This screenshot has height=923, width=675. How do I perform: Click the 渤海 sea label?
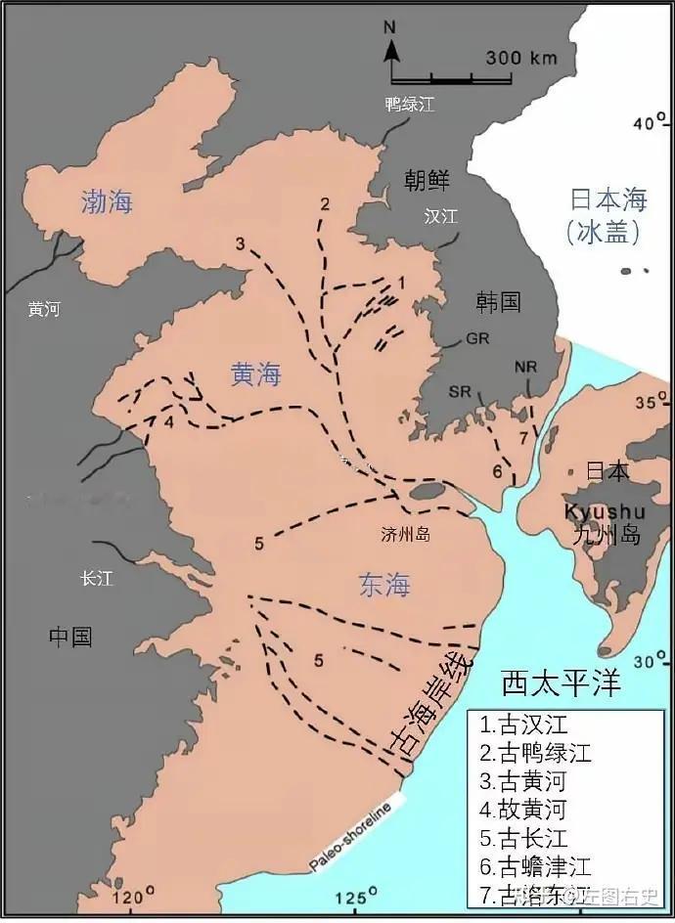(x=107, y=202)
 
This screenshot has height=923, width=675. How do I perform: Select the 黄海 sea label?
(x=255, y=374)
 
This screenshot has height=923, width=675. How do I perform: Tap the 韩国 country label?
(x=498, y=301)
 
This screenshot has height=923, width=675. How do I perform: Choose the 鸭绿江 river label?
(x=409, y=104)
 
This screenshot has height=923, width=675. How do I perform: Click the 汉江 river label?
(x=441, y=216)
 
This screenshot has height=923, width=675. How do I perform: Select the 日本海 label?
(x=608, y=200)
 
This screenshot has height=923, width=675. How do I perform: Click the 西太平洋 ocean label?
(x=561, y=682)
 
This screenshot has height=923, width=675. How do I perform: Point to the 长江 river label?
(x=97, y=579)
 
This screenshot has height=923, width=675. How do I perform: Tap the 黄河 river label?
(x=44, y=309)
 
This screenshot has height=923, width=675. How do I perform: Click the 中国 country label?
(x=71, y=637)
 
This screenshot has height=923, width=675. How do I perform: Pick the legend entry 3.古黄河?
(x=522, y=781)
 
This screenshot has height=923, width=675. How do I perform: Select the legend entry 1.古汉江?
(x=522, y=725)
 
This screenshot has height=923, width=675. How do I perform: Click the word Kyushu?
(x=604, y=511)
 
